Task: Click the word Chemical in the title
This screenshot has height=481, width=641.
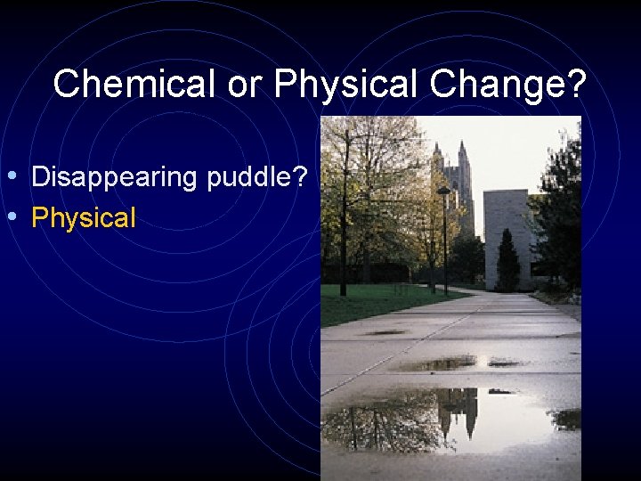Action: (x=134, y=86)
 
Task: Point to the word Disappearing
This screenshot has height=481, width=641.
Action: (x=115, y=177)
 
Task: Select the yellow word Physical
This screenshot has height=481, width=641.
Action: (x=84, y=217)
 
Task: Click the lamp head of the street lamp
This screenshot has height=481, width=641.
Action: (x=443, y=191)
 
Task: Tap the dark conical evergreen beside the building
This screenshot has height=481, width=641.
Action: (x=507, y=262)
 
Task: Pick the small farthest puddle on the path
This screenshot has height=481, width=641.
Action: (x=385, y=332)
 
